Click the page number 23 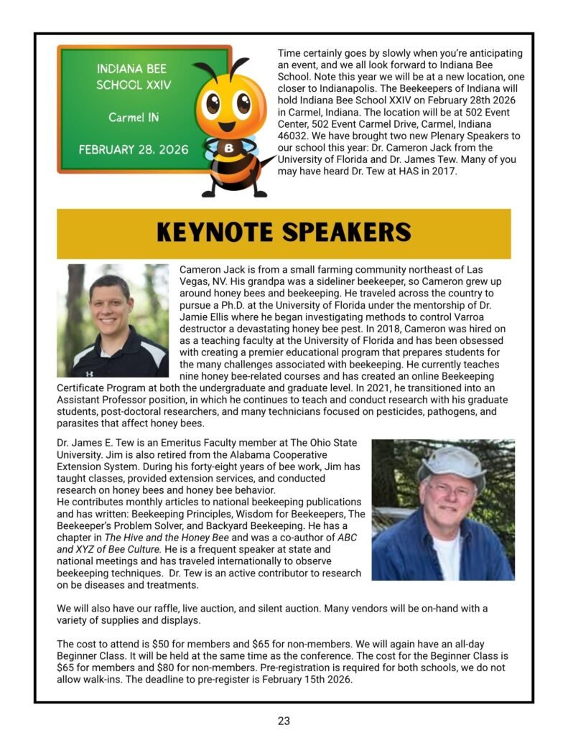pyautogui.click(x=284, y=721)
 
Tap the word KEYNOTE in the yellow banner pyautogui.click(x=215, y=233)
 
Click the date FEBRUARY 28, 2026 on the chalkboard pyautogui.click(x=134, y=150)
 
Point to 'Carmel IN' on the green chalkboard pyautogui.click(x=134, y=117)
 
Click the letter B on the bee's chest pyautogui.click(x=229, y=149)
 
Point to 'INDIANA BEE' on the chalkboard pyautogui.click(x=134, y=70)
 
